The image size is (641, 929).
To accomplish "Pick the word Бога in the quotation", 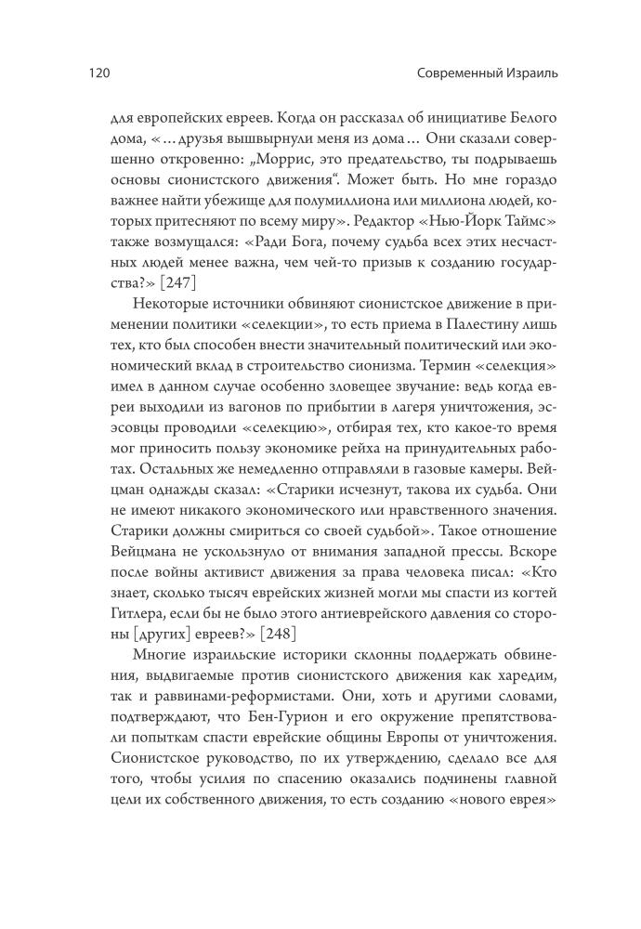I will tap(303, 245).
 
